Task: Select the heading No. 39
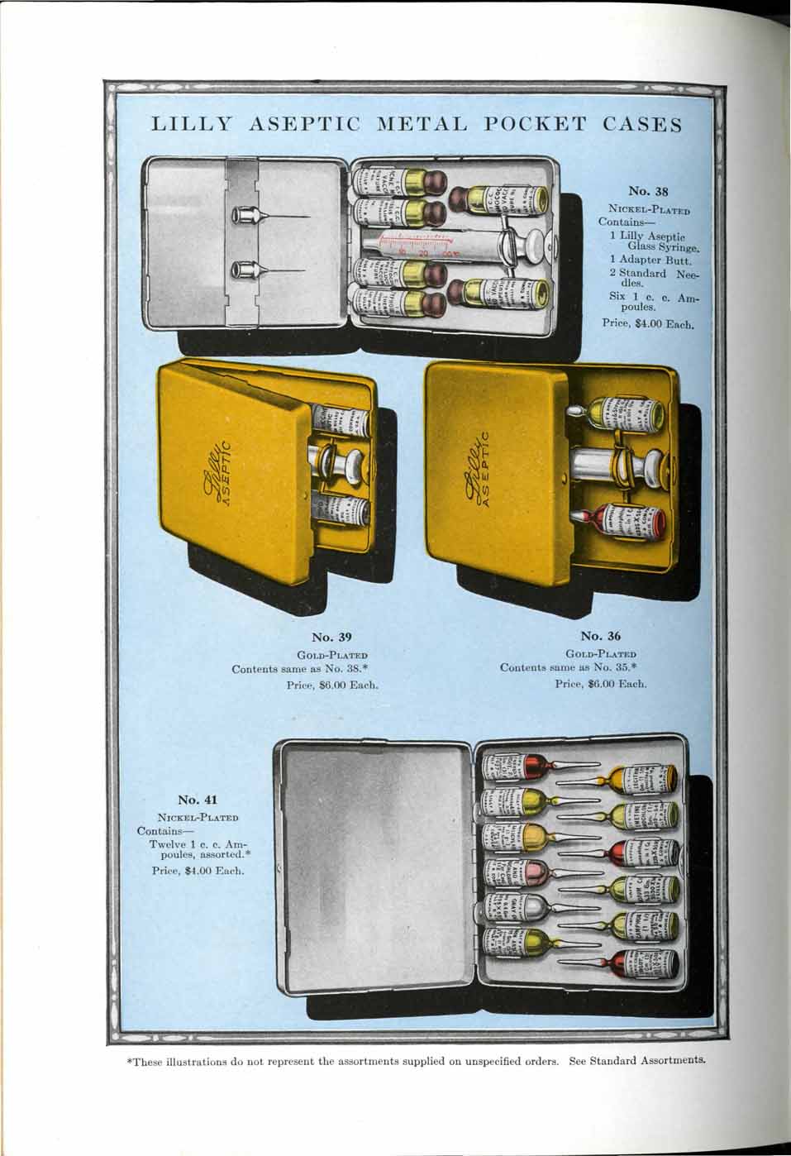[331, 637]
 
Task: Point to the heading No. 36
[600, 636]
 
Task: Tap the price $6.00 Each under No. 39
[335, 684]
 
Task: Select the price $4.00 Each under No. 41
[198, 870]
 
